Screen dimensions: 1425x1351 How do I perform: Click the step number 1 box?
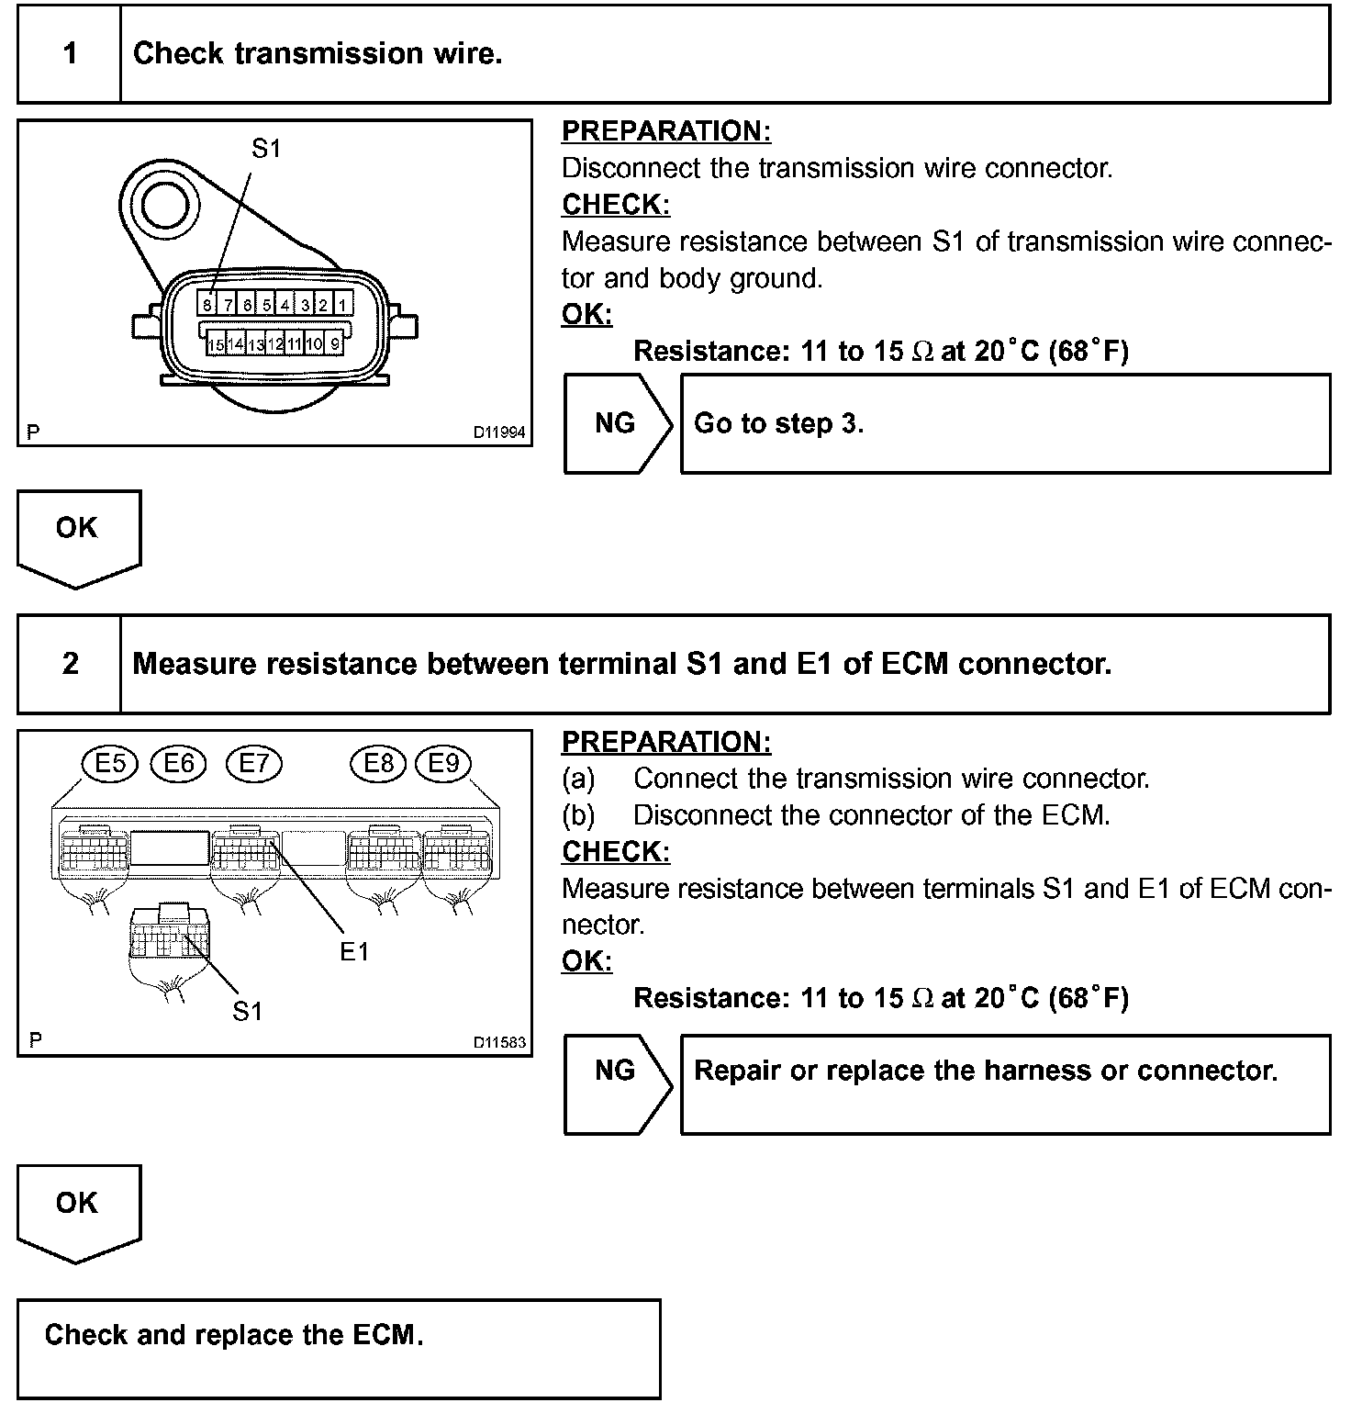[70, 53]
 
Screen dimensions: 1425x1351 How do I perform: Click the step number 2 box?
[70, 663]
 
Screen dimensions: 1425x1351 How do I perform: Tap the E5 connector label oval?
[109, 764]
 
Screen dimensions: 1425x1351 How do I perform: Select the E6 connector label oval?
[179, 764]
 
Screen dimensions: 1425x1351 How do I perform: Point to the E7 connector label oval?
[254, 764]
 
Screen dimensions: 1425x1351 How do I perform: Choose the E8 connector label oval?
[378, 764]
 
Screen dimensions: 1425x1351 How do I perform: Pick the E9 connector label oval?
[443, 764]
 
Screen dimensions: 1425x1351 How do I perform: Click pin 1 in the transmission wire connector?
[341, 304]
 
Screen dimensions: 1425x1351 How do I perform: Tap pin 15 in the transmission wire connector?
[216, 344]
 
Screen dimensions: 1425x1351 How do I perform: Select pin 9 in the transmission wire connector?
[335, 344]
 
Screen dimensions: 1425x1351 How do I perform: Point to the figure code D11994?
[499, 432]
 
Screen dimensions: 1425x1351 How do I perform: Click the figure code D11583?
[499, 1042]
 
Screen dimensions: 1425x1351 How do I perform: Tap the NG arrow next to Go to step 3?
[616, 423]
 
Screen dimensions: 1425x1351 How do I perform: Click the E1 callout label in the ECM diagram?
[354, 951]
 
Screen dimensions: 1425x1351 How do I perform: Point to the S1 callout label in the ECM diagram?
[247, 1011]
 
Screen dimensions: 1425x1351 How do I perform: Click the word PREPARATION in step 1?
[666, 132]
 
